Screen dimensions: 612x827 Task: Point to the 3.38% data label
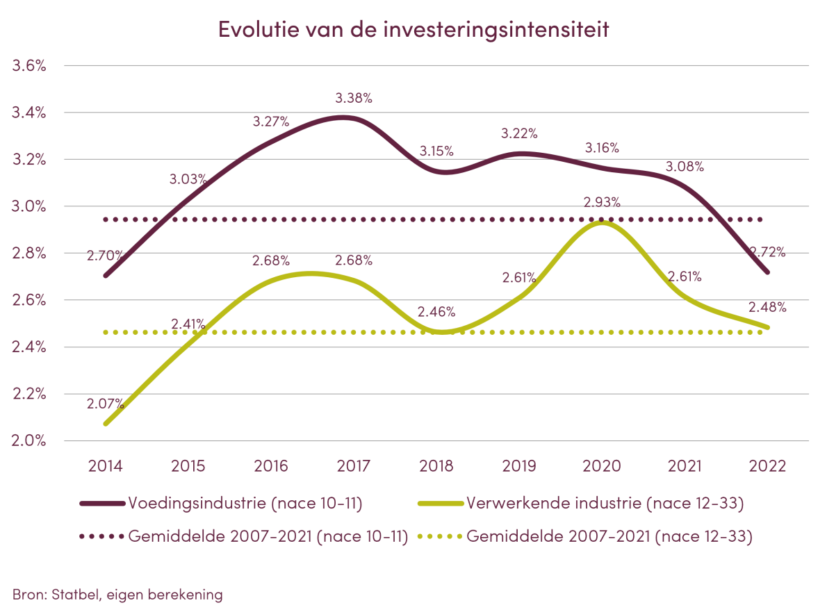pyautogui.click(x=354, y=98)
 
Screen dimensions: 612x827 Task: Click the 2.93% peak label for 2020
pyautogui.click(x=602, y=202)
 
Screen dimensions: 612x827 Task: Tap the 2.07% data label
pyautogui.click(x=106, y=403)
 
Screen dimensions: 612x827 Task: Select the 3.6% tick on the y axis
pyautogui.click(x=29, y=66)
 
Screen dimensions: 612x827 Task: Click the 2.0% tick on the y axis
pyautogui.click(x=29, y=441)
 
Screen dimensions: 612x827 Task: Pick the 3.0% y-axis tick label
pyautogui.click(x=29, y=207)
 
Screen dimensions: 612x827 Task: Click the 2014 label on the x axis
pyautogui.click(x=105, y=466)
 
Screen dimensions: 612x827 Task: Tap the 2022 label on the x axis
pyautogui.click(x=768, y=466)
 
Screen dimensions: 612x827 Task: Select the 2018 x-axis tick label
pyautogui.click(x=436, y=466)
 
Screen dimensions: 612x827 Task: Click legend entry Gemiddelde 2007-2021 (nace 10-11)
pyautogui.click(x=268, y=537)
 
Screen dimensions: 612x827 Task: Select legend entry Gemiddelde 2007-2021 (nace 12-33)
pyautogui.click(x=609, y=537)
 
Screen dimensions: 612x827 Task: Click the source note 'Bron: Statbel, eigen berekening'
pyautogui.click(x=117, y=595)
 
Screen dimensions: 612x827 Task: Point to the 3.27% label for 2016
pyautogui.click(x=270, y=122)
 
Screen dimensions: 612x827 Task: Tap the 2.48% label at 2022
pyautogui.click(x=768, y=306)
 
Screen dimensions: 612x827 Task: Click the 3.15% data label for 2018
pyautogui.click(x=436, y=150)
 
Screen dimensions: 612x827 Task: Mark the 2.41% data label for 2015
pyautogui.click(x=188, y=323)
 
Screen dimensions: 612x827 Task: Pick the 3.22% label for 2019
pyautogui.click(x=519, y=133)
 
